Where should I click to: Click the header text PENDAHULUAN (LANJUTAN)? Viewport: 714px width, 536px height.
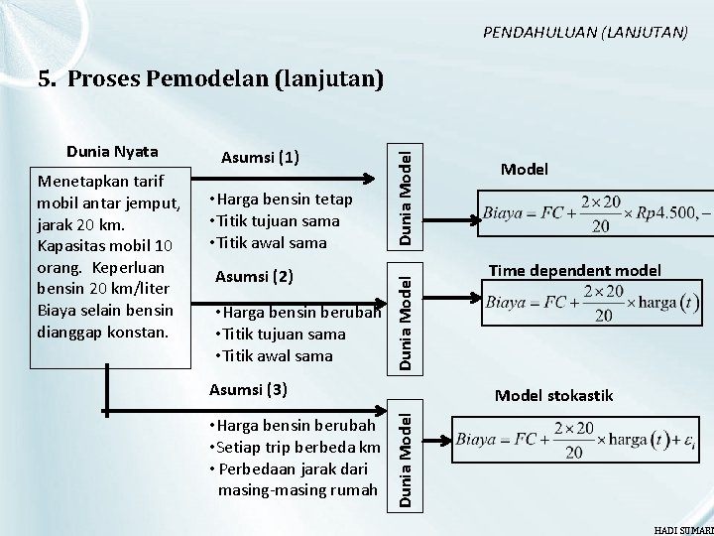[585, 32]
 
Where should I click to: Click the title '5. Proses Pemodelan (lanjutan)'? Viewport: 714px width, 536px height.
[210, 79]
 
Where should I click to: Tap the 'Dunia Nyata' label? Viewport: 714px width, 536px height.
[110, 152]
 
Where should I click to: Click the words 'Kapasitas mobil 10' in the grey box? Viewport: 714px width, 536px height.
[103, 243]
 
